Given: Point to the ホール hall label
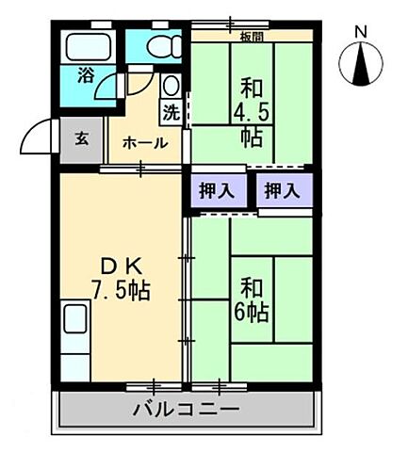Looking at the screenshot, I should coord(145,143).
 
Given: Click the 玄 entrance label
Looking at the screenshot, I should coord(81,138).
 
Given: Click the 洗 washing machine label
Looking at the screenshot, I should coord(171,112).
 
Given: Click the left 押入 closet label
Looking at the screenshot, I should coord(220,189).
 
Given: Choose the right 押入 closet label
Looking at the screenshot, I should coord(282,189).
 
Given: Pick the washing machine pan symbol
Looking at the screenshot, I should coord(171,88).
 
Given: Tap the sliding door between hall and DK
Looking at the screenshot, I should coord(140,169).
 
